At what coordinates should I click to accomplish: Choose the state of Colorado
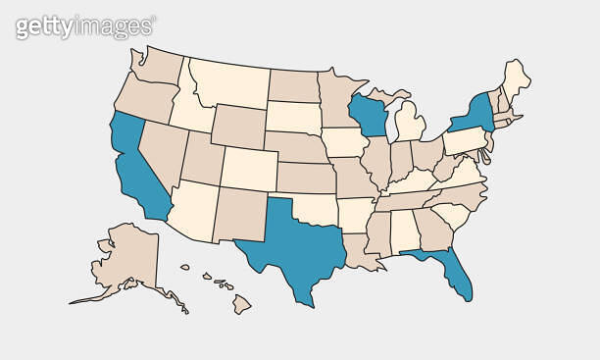click(248, 168)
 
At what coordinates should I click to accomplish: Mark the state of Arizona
click(198, 212)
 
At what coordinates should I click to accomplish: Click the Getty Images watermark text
click(84, 26)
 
